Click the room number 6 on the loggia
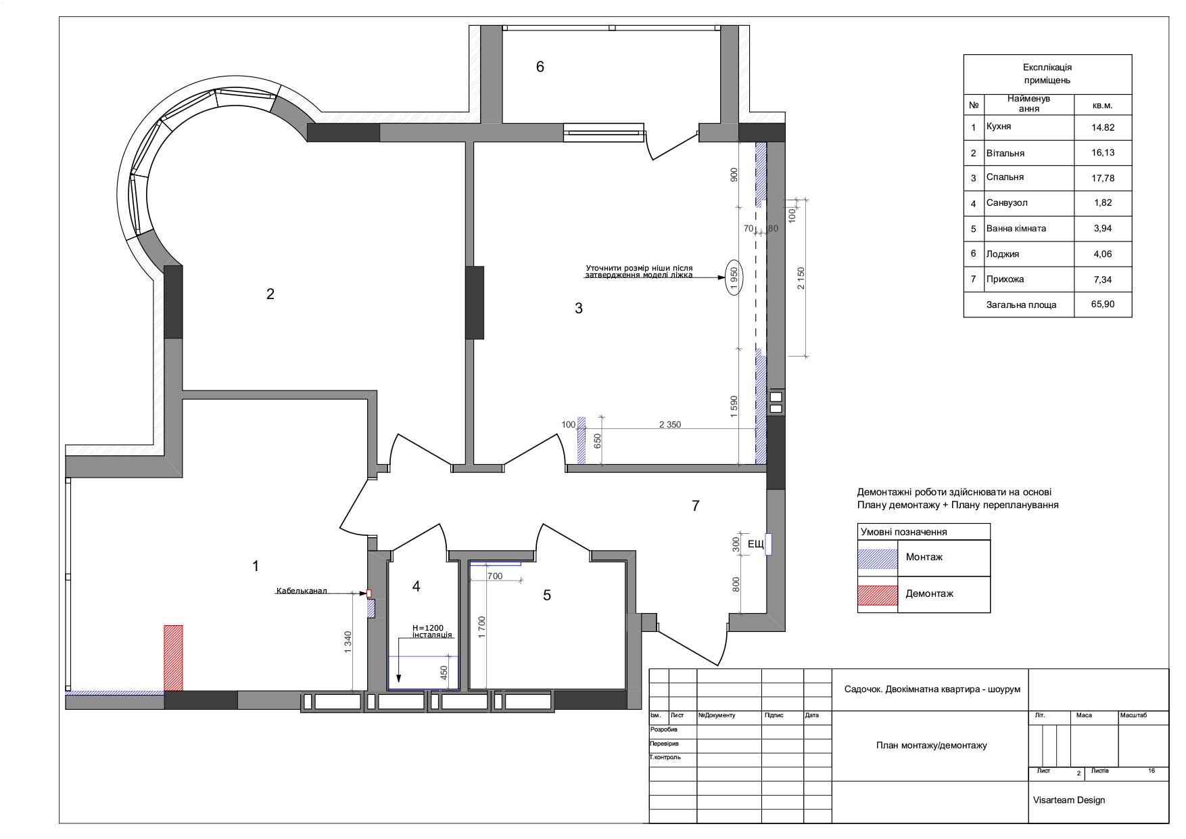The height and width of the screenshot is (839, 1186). click(540, 66)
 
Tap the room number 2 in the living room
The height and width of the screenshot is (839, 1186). click(270, 294)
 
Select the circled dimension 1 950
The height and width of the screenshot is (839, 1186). click(734, 277)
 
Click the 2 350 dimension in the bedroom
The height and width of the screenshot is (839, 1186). click(669, 425)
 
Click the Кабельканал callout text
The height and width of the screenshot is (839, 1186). click(301, 591)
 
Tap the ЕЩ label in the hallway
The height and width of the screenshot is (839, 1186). click(755, 543)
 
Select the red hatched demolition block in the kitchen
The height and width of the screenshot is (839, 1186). click(173, 658)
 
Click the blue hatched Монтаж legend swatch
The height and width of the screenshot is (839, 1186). click(878, 558)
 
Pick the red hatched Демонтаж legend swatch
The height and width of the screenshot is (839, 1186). click(878, 595)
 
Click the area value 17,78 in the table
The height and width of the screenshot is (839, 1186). click(1103, 178)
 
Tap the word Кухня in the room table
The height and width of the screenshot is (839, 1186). click(999, 127)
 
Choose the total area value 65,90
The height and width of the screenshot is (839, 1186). click(1103, 304)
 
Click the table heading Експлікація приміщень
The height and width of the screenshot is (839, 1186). click(1047, 74)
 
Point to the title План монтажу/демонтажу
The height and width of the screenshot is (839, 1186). click(931, 746)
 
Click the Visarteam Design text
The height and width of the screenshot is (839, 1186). click(1069, 800)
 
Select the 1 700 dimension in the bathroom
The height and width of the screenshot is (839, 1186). click(482, 628)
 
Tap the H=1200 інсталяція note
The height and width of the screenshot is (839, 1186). click(432, 631)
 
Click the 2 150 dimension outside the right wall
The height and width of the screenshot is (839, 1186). click(801, 278)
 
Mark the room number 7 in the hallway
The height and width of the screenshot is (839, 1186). click(696, 505)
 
